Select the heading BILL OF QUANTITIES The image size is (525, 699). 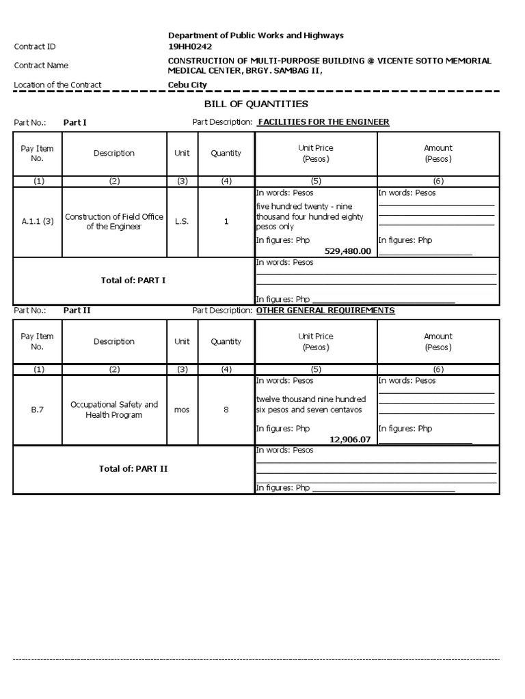click(x=256, y=104)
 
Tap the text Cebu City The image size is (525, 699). click(x=187, y=85)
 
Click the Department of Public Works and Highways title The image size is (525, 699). click(x=256, y=35)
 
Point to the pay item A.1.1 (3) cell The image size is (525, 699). click(x=38, y=222)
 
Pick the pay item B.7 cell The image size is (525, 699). click(x=38, y=410)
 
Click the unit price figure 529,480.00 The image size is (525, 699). click(x=347, y=251)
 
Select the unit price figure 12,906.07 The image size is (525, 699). click(x=350, y=439)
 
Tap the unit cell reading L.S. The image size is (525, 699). click(x=182, y=222)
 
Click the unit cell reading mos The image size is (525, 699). click(x=182, y=410)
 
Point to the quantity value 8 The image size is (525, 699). click(x=226, y=410)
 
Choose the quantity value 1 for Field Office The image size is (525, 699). click(x=226, y=222)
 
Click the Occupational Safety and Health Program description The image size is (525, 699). click(x=114, y=410)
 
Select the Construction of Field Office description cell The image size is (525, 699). click(x=114, y=222)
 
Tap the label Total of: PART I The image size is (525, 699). click(x=133, y=281)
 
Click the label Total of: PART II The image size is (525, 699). click(x=133, y=469)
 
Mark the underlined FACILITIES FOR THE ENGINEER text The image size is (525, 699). click(x=323, y=122)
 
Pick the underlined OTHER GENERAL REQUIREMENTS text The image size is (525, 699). click(x=325, y=311)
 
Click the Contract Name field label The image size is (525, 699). click(x=41, y=66)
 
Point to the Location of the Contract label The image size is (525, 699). click(x=57, y=85)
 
